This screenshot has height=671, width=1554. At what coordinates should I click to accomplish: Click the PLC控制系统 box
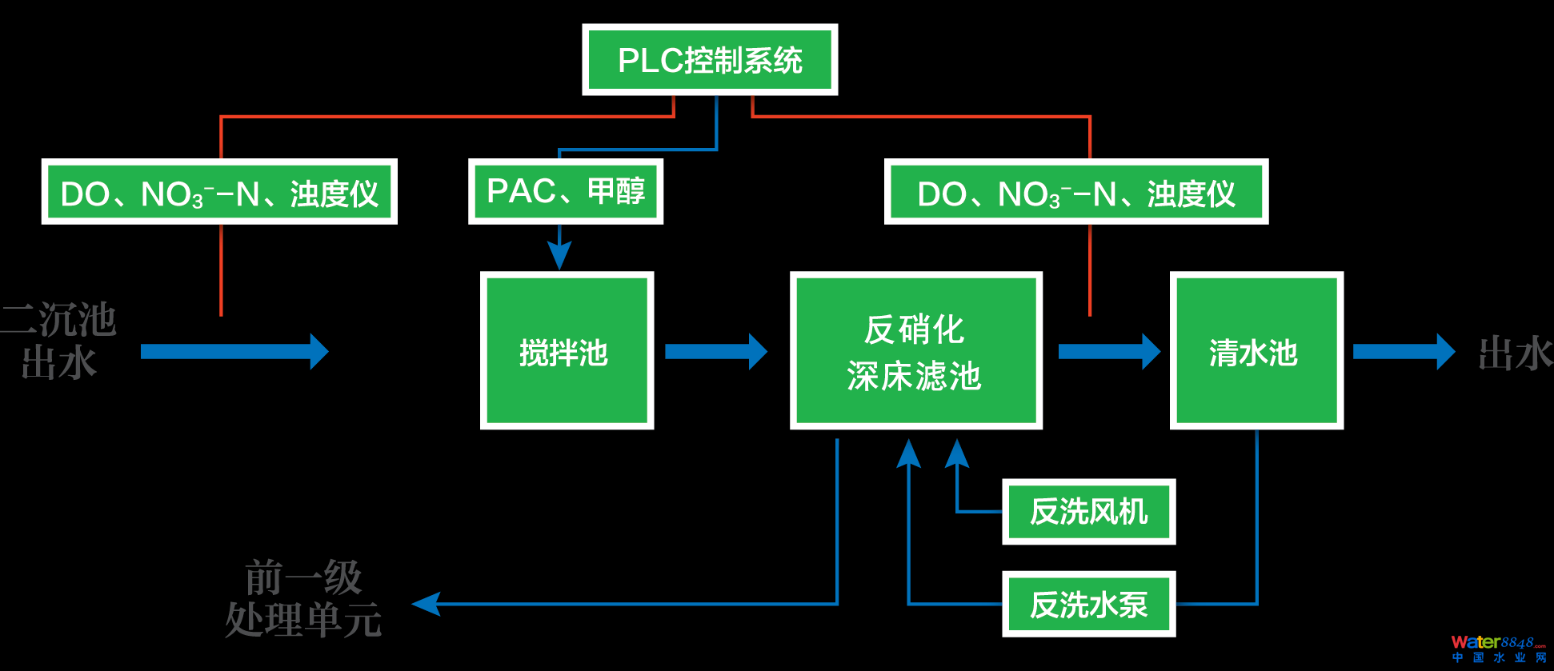click(x=710, y=60)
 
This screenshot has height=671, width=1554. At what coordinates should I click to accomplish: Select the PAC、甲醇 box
click(x=565, y=192)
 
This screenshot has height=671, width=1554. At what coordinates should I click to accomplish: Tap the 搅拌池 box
click(x=567, y=351)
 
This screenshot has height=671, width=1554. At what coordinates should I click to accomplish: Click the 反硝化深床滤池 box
click(x=915, y=351)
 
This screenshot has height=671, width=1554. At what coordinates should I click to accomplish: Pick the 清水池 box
click(x=1256, y=351)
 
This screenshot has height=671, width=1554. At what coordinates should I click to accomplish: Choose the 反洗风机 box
click(x=1088, y=512)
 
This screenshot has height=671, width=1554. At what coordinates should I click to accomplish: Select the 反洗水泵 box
click(x=1088, y=605)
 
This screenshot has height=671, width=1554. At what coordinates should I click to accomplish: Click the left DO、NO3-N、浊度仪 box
click(x=219, y=193)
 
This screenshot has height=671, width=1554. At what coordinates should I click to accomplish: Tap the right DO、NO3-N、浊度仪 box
click(x=1075, y=193)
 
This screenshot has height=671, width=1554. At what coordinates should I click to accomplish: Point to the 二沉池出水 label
click(x=59, y=341)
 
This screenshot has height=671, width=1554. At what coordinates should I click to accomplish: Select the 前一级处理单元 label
click(x=303, y=599)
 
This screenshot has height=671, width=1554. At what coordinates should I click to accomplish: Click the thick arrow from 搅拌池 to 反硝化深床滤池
click(x=715, y=352)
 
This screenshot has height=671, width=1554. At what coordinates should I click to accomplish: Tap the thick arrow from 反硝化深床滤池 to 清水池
click(x=1108, y=352)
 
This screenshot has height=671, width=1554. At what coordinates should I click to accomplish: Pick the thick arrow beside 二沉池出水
click(x=234, y=352)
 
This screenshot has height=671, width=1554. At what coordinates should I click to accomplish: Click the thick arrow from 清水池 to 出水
click(x=1403, y=352)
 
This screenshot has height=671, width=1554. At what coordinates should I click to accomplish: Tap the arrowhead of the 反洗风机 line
click(x=957, y=453)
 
